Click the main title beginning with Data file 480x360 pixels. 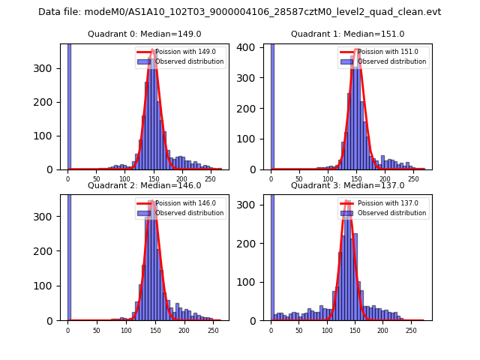pyautogui.click(x=240, y=12)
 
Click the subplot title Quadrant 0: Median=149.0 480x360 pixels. pyautogui.click(x=144, y=34)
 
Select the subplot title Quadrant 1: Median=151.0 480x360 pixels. pyautogui.click(x=347, y=34)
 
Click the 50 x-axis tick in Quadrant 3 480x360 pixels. pyautogui.click(x=299, y=330)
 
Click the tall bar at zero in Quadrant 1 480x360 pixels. pyautogui.click(x=272, y=105)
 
